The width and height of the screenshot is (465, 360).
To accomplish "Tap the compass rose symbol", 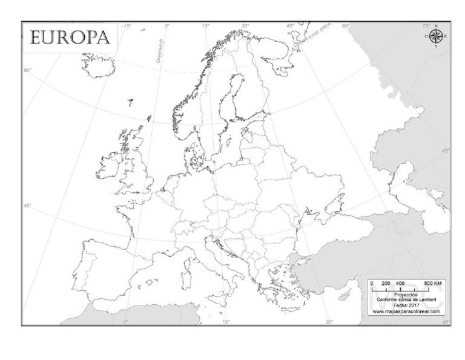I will tap(436, 36).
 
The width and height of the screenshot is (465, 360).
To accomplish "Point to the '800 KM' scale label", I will tap(432, 284).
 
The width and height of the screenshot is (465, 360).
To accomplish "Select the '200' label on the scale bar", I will tap(386, 284).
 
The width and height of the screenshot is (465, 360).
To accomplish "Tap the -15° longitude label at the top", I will tap(127, 26).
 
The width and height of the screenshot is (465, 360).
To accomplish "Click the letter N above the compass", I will tap(436, 25).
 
